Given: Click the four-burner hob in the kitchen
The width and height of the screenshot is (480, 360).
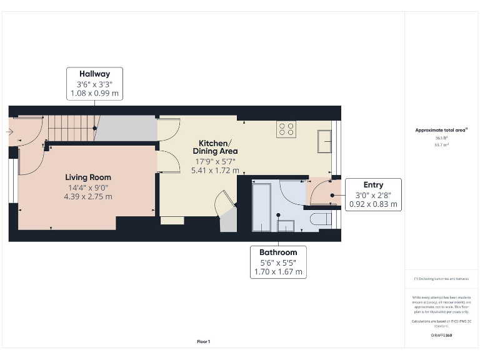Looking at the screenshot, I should [287, 129].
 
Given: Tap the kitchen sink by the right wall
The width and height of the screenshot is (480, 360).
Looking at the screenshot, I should [325, 141].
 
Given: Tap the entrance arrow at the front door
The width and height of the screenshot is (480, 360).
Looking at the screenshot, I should [8, 132].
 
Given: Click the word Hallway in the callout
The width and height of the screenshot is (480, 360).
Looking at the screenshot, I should [94, 73].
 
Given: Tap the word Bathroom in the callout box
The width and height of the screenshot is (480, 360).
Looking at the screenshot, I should [278, 252].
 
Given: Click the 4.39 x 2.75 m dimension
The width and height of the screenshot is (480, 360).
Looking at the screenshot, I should [87, 196].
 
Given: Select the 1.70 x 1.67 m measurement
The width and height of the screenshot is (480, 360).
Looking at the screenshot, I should [278, 272].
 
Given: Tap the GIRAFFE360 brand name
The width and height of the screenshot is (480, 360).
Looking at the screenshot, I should [441, 336].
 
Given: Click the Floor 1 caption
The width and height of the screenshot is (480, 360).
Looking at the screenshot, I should [204, 341].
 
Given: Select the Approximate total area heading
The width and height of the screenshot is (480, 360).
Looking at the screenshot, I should [441, 130].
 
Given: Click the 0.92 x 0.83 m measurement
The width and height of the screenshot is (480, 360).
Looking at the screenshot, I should [372, 204].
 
